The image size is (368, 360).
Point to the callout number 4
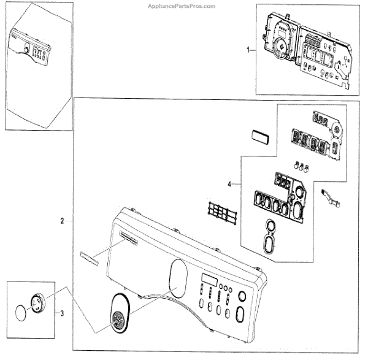click(x=229, y=184)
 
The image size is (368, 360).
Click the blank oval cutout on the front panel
click(x=177, y=273)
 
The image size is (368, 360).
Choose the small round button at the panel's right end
click(x=240, y=296)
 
